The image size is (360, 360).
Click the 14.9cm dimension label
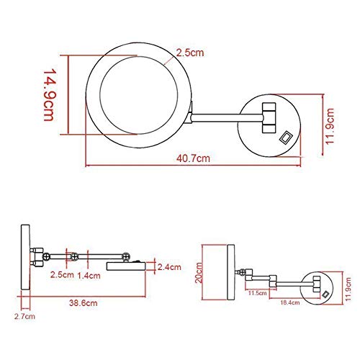coord(50,95)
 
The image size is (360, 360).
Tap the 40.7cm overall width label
coord(193,158)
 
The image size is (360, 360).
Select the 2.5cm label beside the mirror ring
coord(190,53)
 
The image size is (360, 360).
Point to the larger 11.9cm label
coord(330,126)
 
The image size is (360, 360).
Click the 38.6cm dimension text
coord(84,303)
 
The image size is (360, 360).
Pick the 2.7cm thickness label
coord(24,316)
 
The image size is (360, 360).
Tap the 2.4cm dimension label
coord(169,267)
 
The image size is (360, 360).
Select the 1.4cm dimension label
coord(89,276)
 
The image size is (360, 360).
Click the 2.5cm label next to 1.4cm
coord(62,275)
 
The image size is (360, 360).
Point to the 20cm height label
coord(199,273)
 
